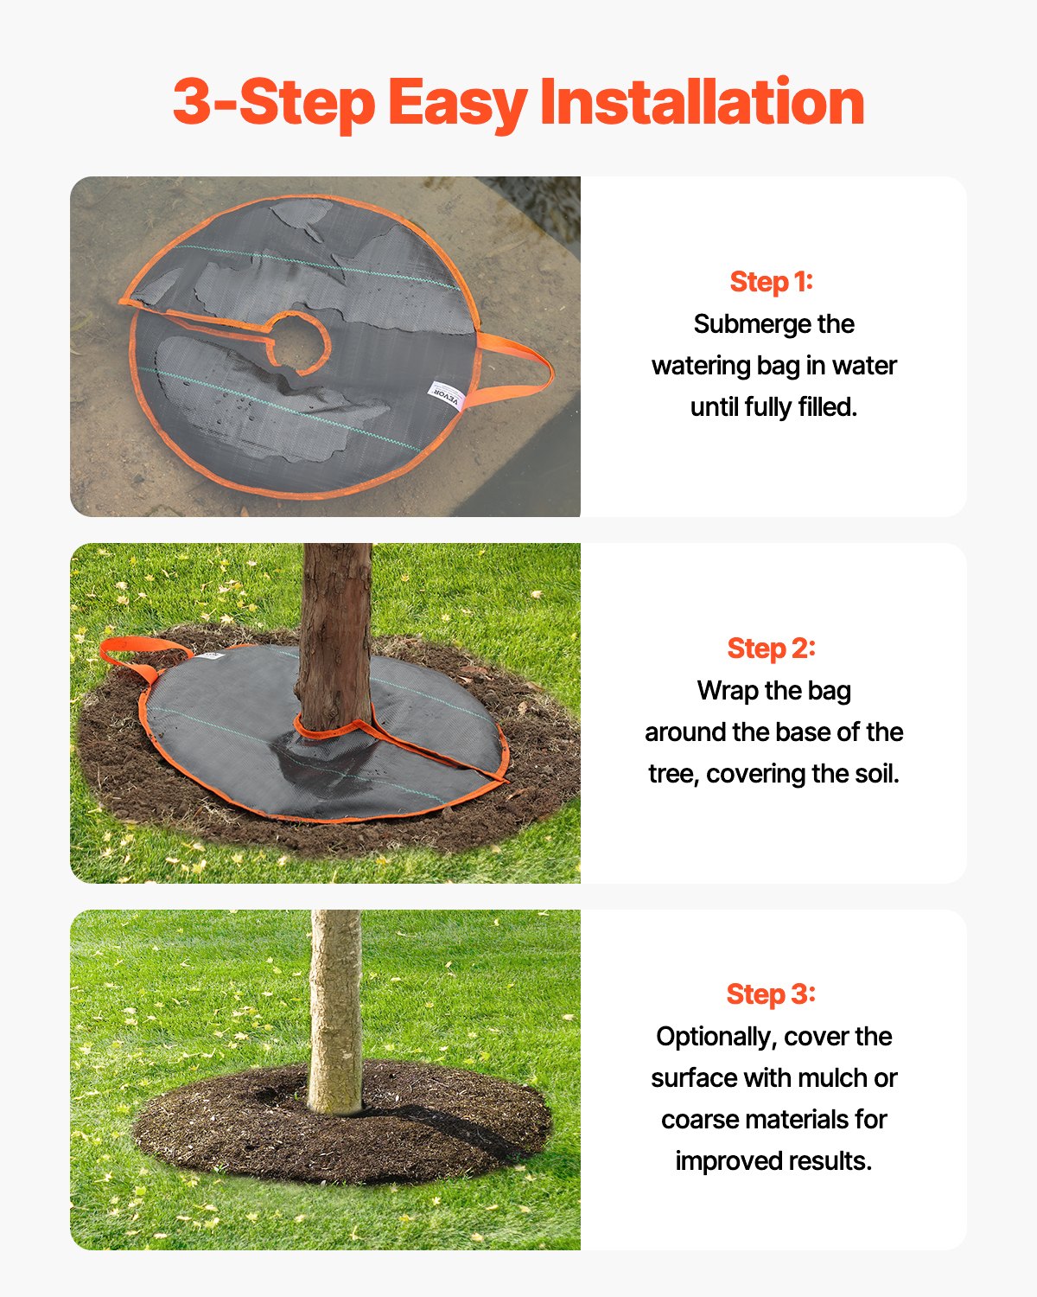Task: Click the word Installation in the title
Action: tap(702, 102)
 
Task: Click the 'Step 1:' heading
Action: tap(772, 282)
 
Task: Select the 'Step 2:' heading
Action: tap(772, 648)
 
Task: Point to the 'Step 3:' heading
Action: tap(772, 994)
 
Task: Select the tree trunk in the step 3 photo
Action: tap(335, 1012)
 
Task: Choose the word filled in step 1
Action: tap(825, 407)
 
